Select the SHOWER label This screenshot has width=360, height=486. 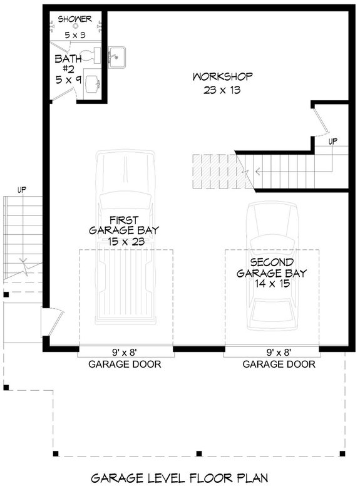point(75,19)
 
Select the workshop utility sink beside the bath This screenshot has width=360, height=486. point(118,57)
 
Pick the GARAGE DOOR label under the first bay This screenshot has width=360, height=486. point(125,364)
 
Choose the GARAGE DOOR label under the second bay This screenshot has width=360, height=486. point(279,364)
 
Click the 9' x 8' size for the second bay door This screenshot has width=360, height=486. point(279,351)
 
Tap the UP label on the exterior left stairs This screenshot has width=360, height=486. point(22,189)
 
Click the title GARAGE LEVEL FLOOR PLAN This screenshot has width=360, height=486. point(180,477)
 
